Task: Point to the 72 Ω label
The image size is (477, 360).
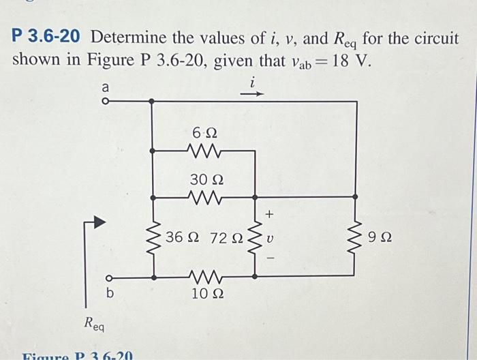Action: tap(227, 239)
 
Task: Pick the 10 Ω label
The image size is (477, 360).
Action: tap(205, 294)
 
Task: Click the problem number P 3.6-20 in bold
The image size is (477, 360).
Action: tap(49, 37)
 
